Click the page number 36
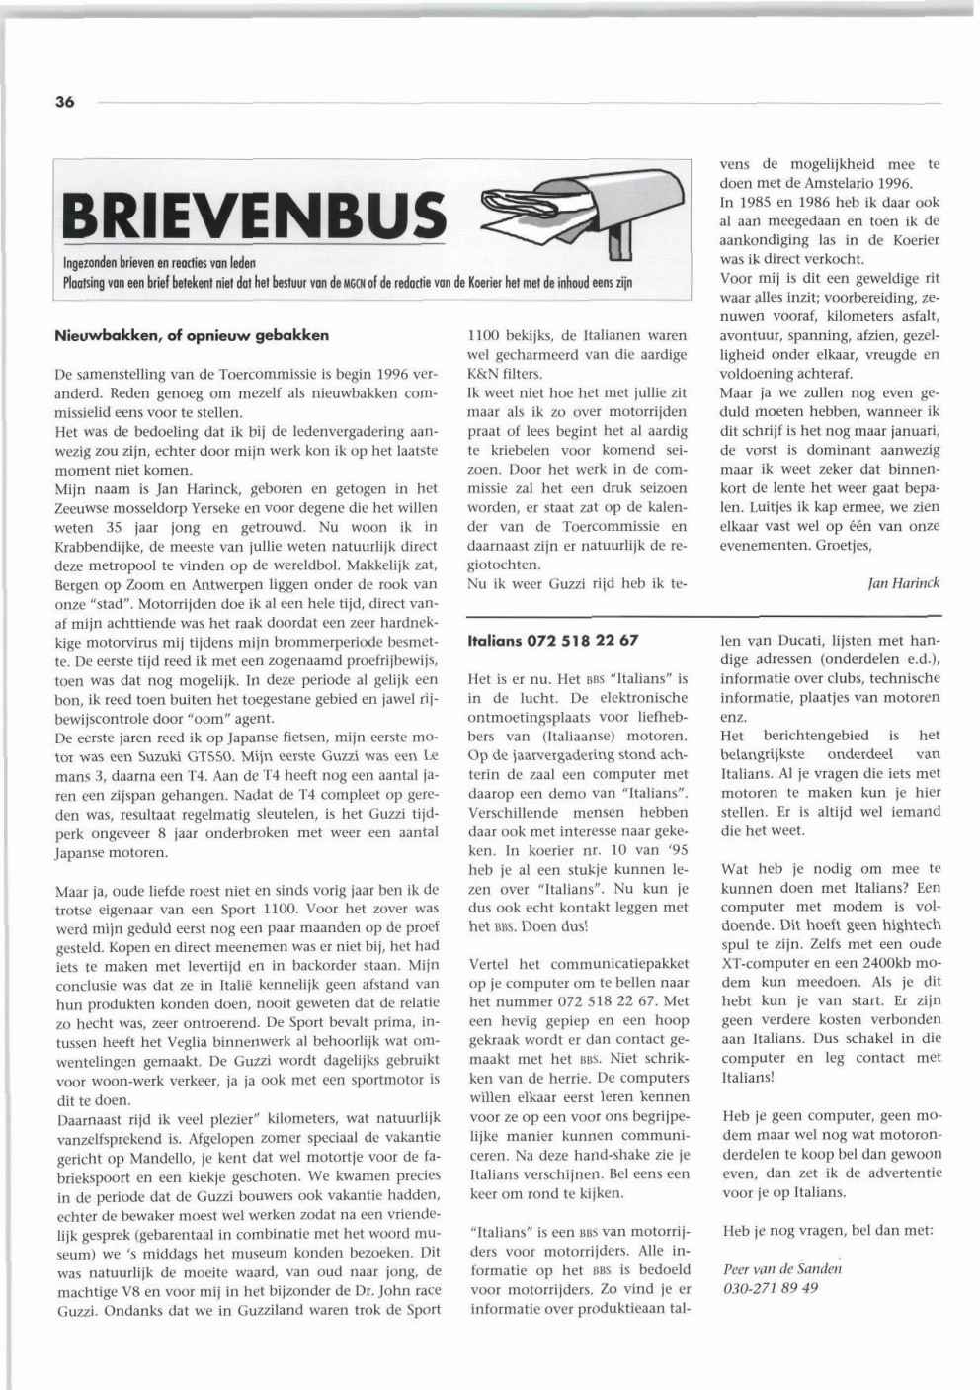(65, 102)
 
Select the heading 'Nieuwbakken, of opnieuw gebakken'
(192, 335)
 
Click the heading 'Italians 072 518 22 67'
(553, 641)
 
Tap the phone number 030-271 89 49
(771, 1288)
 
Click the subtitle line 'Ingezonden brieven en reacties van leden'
(159, 263)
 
